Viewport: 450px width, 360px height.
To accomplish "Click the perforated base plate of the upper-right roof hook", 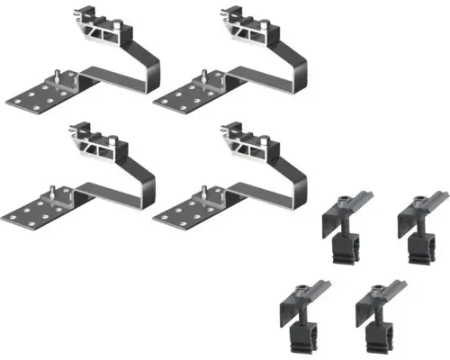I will click(184, 97).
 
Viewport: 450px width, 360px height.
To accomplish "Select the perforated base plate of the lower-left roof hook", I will click(36, 212).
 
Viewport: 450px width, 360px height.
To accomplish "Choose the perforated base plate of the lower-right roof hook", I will click(184, 212).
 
